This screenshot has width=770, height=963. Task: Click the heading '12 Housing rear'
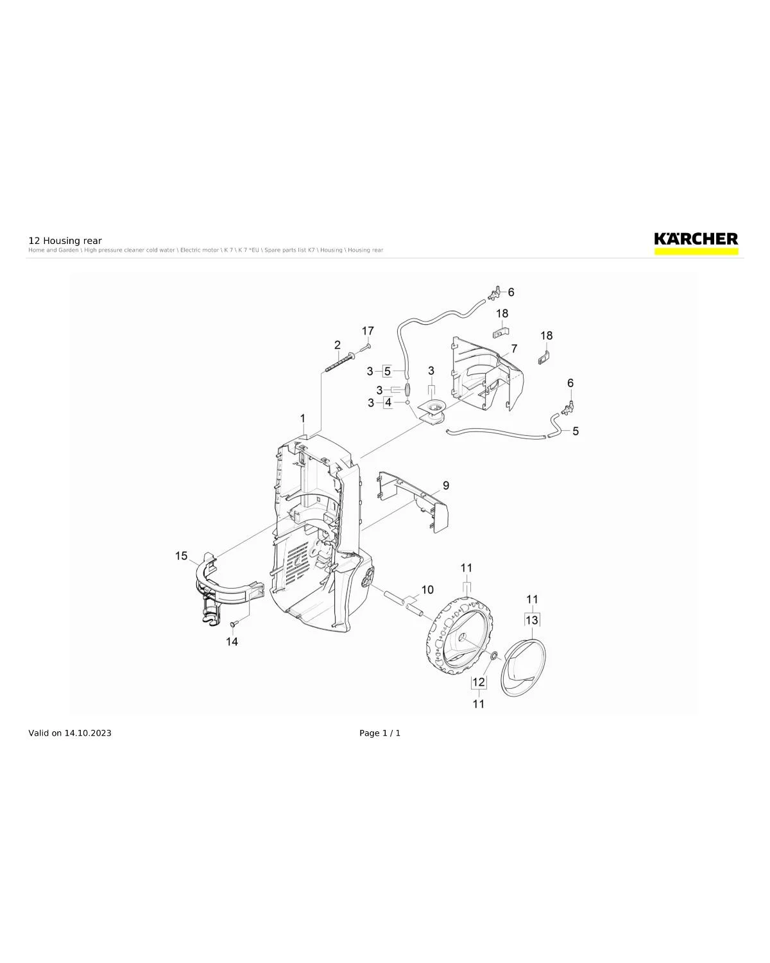click(65, 241)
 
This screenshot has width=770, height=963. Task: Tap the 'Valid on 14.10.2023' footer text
click(70, 733)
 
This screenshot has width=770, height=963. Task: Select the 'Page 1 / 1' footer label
click(380, 733)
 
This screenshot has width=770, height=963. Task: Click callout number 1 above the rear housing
click(303, 419)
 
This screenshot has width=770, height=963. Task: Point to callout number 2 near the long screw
click(338, 345)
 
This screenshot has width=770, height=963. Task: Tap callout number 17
click(368, 331)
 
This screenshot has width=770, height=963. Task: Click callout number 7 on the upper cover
click(514, 349)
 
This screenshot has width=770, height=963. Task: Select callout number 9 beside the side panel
click(445, 485)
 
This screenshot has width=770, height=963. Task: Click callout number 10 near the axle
click(427, 589)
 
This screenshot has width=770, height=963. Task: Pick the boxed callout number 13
click(532, 620)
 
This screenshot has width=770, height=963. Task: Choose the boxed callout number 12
click(479, 682)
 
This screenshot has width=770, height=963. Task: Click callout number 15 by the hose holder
click(182, 555)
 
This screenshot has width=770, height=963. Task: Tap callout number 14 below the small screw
click(232, 641)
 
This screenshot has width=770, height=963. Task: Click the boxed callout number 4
click(388, 403)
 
